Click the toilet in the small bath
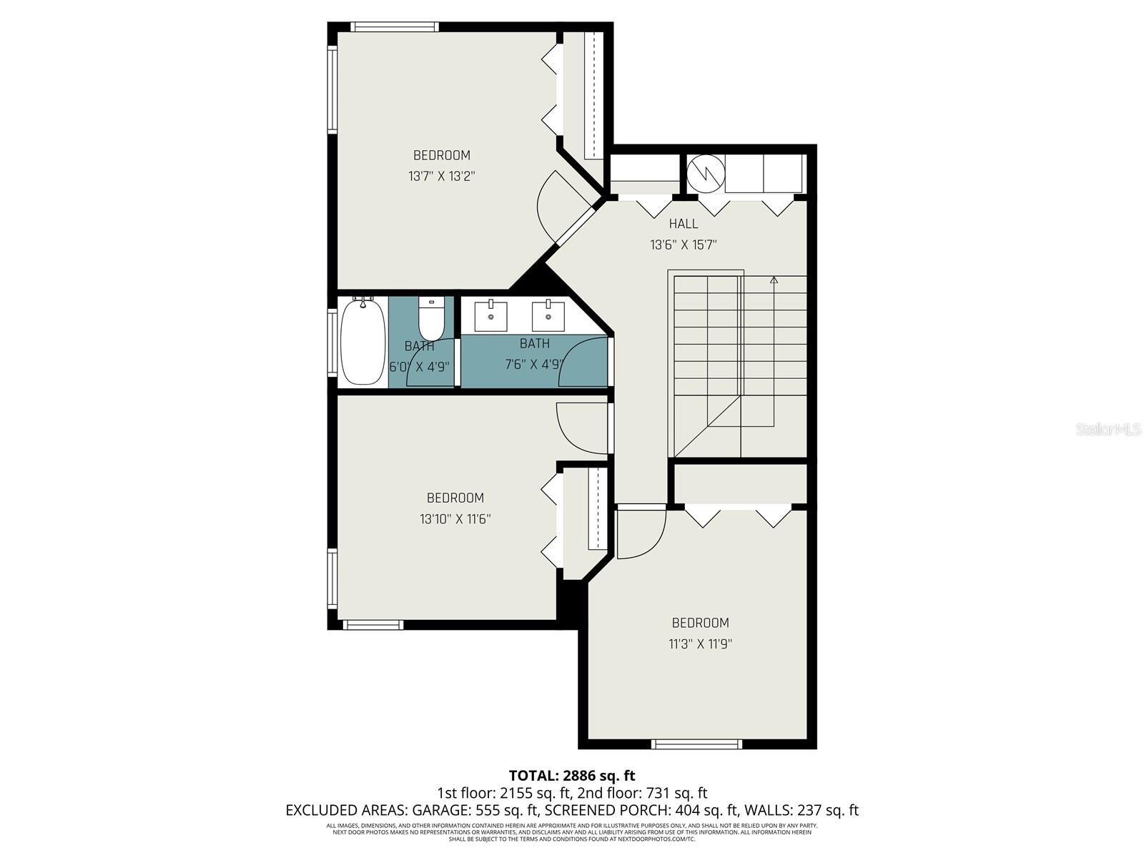[x=431, y=320]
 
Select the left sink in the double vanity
[x=491, y=316]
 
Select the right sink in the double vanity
[x=548, y=316]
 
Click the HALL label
[x=683, y=224]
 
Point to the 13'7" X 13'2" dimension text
[x=442, y=176]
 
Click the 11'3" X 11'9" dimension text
[x=700, y=643]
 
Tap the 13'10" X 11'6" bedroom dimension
[x=455, y=518]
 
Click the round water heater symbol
[x=706, y=172]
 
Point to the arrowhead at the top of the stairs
[x=774, y=280]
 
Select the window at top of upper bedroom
[x=395, y=27]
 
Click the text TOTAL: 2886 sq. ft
[x=571, y=775]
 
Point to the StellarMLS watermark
[x=1108, y=430]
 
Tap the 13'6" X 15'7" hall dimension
[x=683, y=245]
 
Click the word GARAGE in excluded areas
[x=438, y=810]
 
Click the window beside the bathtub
[x=332, y=341]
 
